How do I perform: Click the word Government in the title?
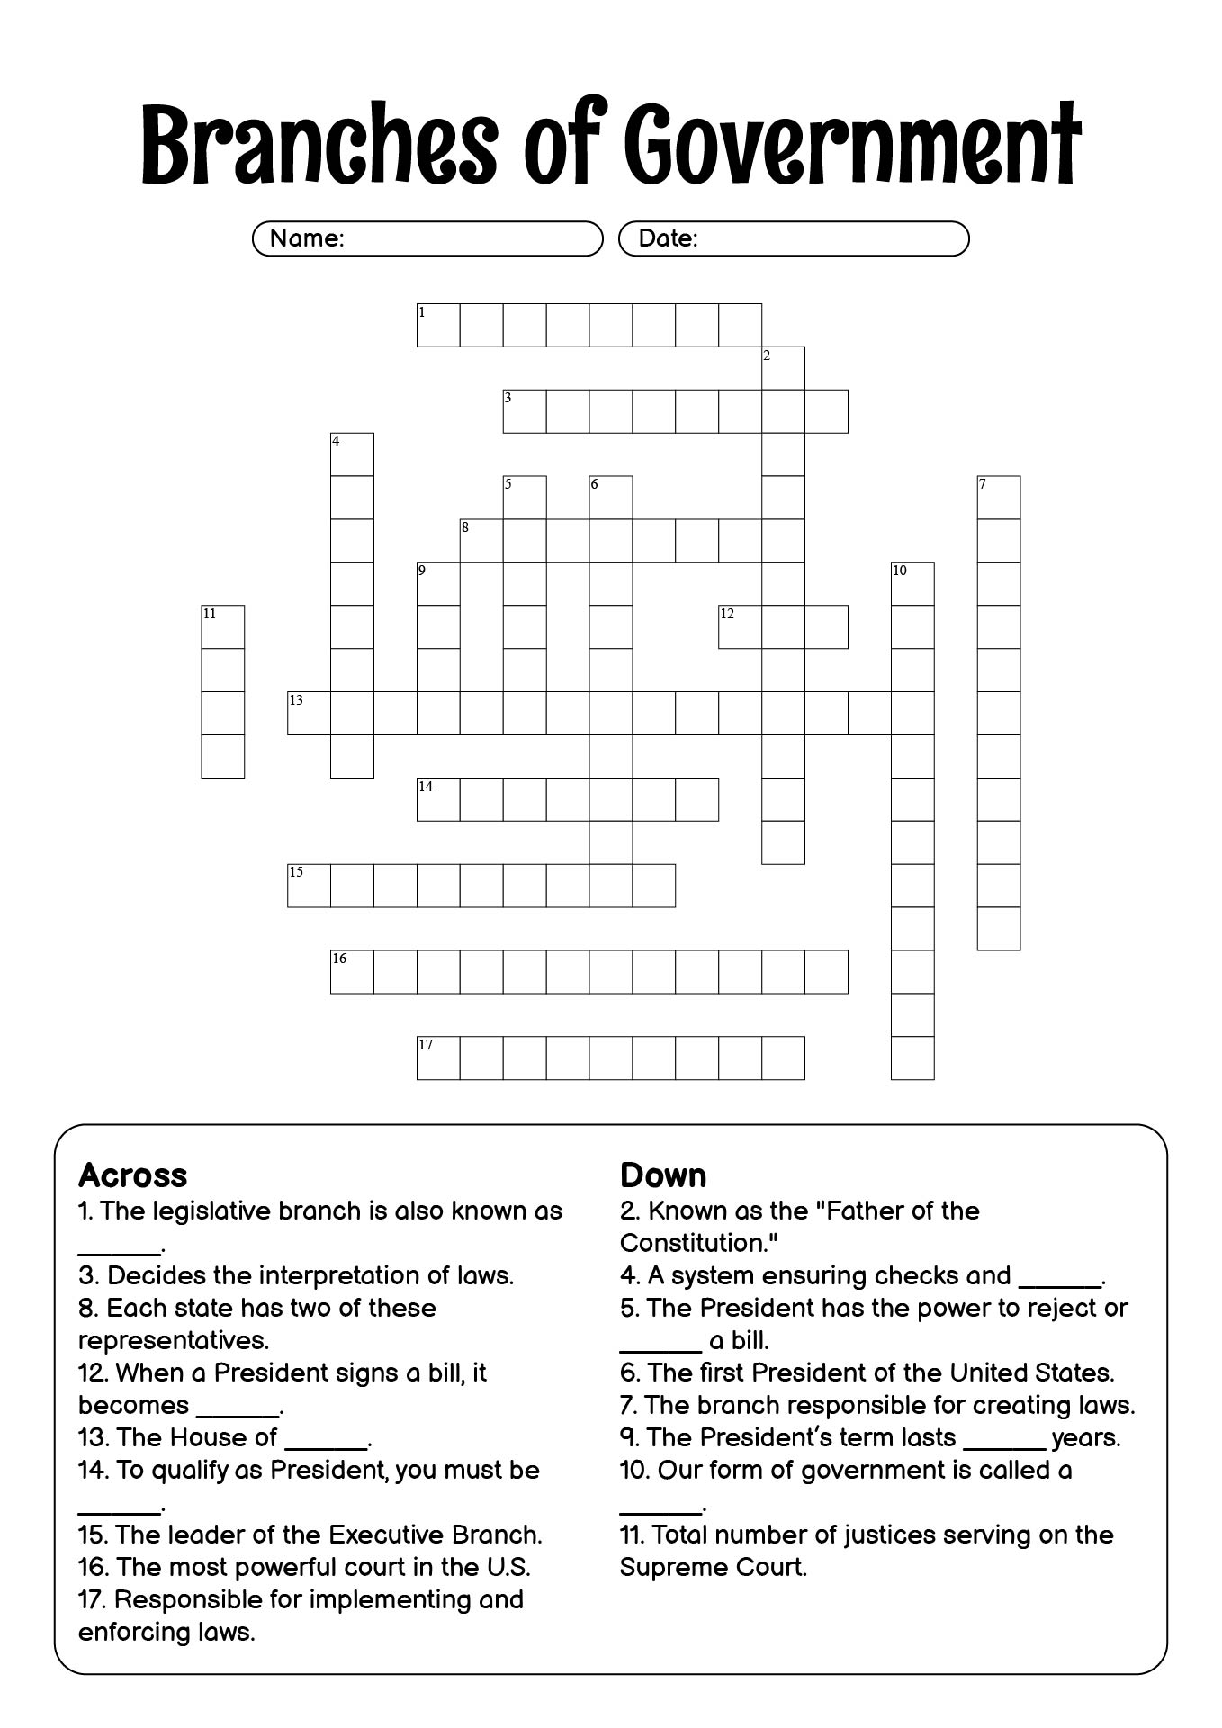tap(851, 144)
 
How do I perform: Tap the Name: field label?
tap(307, 238)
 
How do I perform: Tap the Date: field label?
tap(668, 238)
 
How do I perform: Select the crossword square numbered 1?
tap(438, 325)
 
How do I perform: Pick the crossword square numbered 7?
tap(999, 498)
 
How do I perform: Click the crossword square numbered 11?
tap(222, 627)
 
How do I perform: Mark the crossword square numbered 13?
tap(309, 714)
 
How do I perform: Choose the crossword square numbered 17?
tap(438, 1058)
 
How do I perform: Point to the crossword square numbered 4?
tap(352, 454)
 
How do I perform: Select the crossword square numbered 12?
tap(740, 627)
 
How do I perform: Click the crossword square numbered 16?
tap(352, 972)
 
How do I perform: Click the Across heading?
tap(133, 1175)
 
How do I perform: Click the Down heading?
tap(663, 1175)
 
